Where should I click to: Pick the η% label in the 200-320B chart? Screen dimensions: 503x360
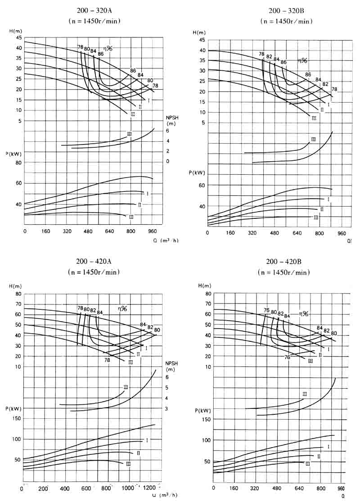[x=302, y=60]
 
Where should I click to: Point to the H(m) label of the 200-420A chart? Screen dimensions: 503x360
[x=15, y=286]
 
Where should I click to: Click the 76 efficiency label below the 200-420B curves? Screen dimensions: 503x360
[x=287, y=357]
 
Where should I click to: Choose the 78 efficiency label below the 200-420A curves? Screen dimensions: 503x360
[x=107, y=360]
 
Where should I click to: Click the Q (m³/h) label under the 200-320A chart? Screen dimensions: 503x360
[x=165, y=240]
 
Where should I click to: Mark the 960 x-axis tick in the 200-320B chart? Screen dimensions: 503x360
[x=341, y=233]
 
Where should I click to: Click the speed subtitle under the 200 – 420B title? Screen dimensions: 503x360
[x=284, y=272]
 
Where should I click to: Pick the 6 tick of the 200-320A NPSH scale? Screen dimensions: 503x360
[x=167, y=131]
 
